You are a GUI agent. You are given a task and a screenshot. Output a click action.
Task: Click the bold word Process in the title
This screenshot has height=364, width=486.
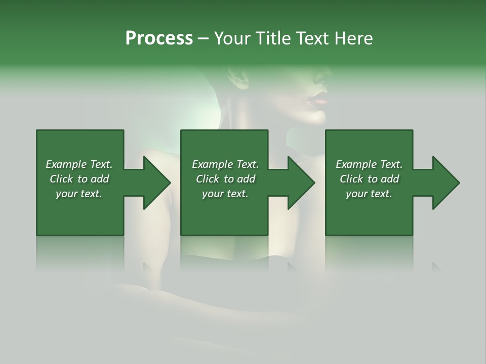pos(158,38)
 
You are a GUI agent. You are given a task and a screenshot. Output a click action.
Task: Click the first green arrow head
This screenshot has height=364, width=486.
pos(154,183)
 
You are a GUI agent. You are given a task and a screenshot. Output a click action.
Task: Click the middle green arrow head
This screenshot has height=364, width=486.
pos(299,183)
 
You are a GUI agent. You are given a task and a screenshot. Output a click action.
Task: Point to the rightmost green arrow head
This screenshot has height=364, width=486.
pos(443,183)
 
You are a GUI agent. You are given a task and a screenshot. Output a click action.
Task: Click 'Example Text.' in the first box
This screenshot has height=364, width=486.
pos(79,164)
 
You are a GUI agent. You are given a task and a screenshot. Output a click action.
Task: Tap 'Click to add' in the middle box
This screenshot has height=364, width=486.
pos(225,179)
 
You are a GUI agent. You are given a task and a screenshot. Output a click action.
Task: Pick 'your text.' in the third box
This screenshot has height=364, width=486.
pos(369,194)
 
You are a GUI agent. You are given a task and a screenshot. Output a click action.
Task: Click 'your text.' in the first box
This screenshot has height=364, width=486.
pos(79,194)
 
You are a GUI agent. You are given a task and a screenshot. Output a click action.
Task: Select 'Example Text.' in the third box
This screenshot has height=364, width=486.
pos(369,164)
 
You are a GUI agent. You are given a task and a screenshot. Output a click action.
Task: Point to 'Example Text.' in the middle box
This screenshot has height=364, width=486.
pos(225,164)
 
